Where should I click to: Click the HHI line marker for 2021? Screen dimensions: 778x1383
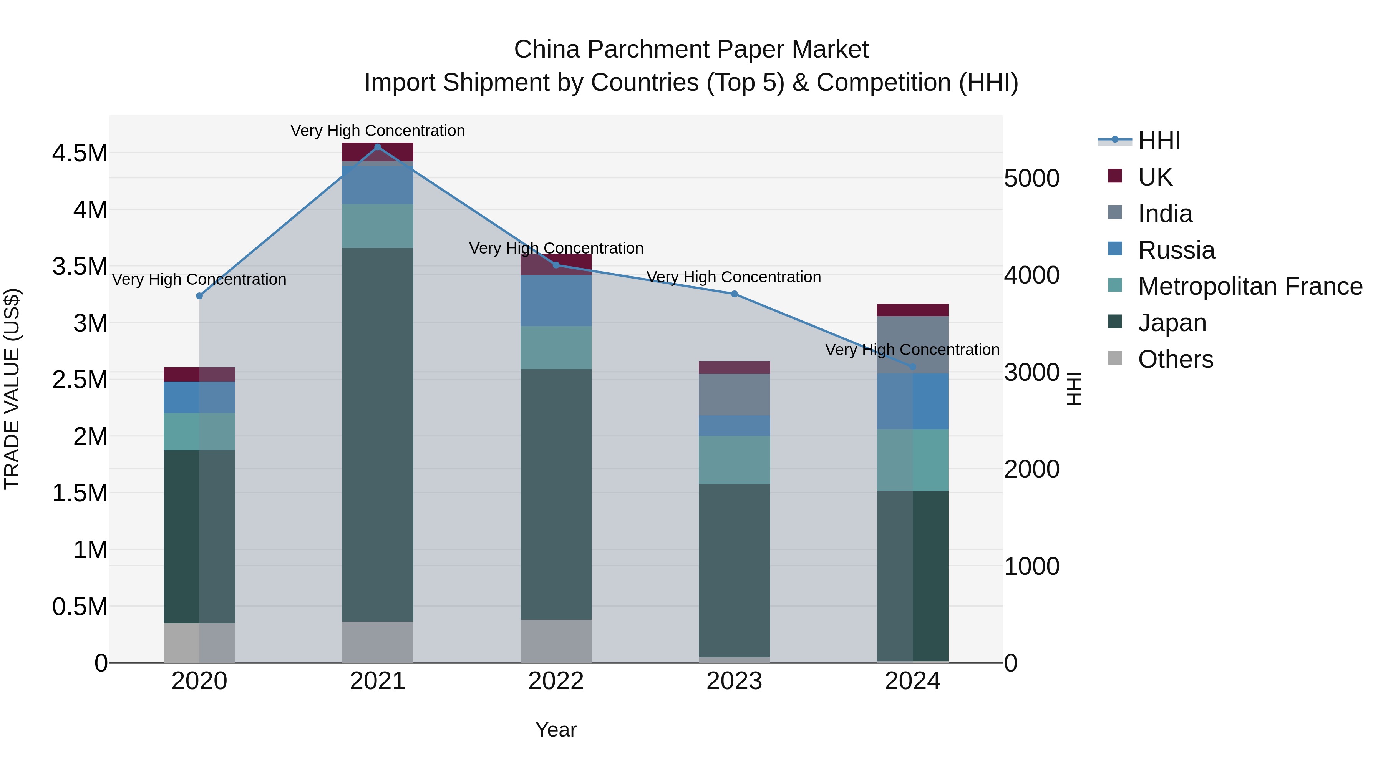377,147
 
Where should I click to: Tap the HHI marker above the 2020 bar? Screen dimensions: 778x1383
199,296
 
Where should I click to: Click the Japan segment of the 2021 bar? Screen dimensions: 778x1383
377,435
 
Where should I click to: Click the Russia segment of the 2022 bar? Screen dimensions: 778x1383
556,301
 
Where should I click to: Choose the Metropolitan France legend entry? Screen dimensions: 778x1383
1250,286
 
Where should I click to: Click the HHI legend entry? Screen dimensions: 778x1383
1159,141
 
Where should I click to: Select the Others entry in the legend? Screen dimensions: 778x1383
1175,359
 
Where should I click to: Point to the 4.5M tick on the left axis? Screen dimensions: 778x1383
80,153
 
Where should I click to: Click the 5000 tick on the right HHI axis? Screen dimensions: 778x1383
1031,178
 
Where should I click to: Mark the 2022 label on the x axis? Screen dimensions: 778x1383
556,681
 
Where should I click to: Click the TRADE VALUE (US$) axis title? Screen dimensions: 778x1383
12,389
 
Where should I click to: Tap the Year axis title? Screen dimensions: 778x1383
556,730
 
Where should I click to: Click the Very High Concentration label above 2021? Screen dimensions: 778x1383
377,131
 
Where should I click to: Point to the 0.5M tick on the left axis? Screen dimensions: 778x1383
80,607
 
